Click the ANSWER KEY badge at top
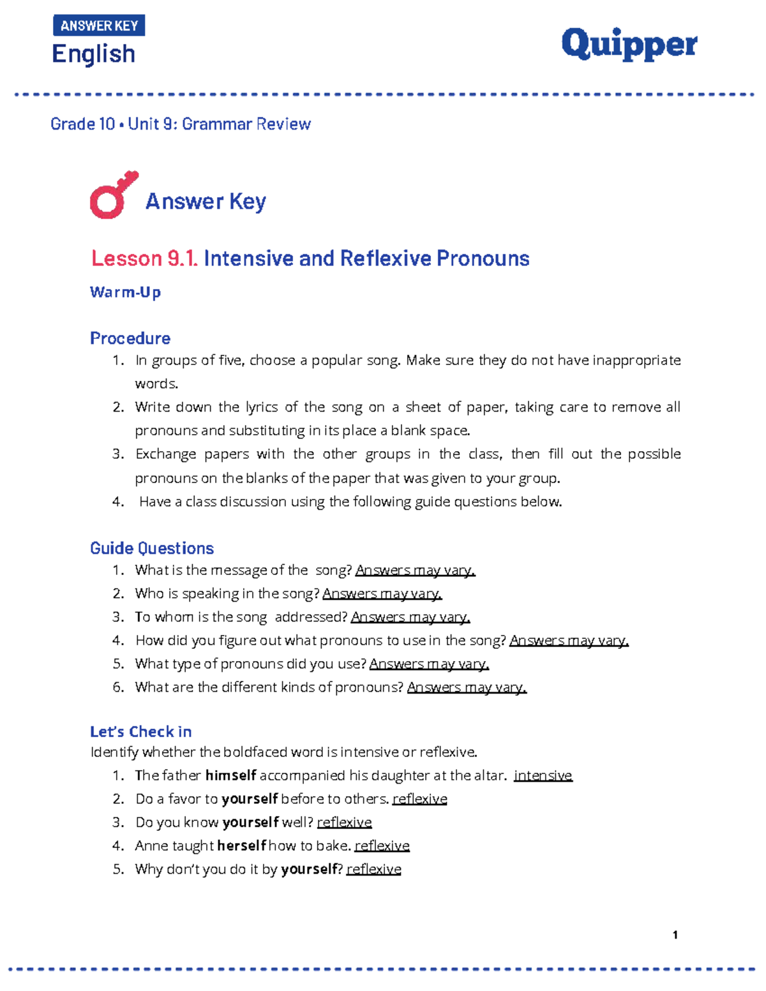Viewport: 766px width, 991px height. [99, 26]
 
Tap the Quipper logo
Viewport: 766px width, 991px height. [629, 45]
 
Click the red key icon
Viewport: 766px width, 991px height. [114, 195]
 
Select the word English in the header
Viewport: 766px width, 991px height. [93, 54]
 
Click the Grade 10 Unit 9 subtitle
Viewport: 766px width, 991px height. [181, 124]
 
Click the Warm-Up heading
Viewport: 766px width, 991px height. [125, 292]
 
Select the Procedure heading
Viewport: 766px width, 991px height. [130, 338]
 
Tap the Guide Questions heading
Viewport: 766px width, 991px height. [152, 548]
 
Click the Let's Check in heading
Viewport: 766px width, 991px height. [141, 731]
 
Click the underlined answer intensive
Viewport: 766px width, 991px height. [543, 775]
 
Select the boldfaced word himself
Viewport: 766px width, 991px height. [230, 775]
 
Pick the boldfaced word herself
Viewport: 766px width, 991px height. [241, 846]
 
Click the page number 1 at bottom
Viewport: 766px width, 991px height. [675, 935]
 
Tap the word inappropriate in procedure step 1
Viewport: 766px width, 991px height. [636, 361]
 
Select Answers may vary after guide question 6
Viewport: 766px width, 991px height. [467, 687]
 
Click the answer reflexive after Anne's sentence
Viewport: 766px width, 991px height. [382, 846]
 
